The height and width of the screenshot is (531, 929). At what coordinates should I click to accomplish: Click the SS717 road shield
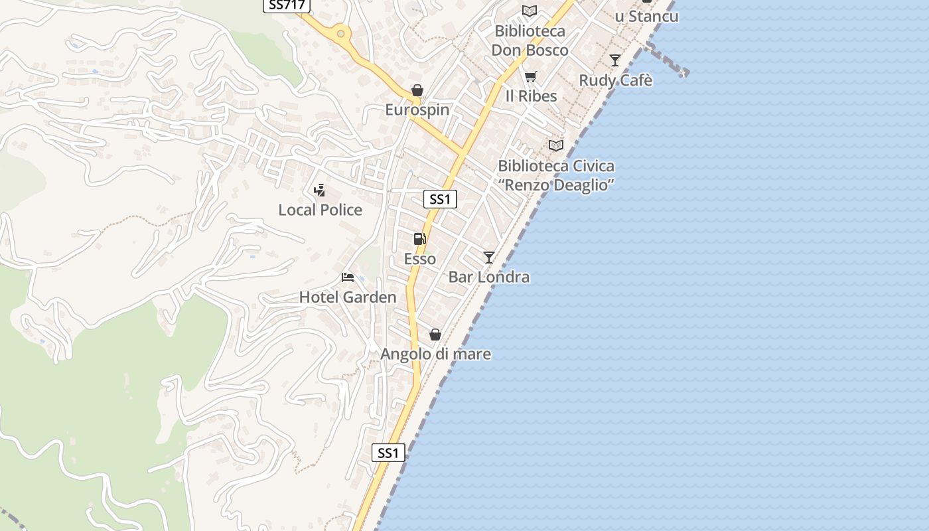click(x=287, y=5)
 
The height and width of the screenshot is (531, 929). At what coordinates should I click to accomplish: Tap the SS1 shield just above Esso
click(x=440, y=199)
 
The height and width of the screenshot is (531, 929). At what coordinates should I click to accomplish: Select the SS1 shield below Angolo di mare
click(x=388, y=453)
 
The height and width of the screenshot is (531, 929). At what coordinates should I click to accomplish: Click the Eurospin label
click(x=417, y=110)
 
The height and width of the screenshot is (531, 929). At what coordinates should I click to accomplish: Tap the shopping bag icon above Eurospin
click(x=417, y=90)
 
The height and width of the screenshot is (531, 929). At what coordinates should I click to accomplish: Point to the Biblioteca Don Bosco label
click(x=530, y=40)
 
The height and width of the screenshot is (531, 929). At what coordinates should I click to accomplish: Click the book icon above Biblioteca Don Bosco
click(x=529, y=11)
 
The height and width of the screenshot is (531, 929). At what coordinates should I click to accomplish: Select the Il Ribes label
click(x=531, y=96)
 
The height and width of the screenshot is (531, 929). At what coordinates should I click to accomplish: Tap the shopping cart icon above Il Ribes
click(x=530, y=77)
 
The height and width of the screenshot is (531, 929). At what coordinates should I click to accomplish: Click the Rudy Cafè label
click(x=616, y=80)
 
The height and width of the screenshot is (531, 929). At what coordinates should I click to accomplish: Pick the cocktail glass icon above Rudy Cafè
click(x=615, y=60)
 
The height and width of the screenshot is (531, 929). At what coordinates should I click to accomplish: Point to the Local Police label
click(x=320, y=210)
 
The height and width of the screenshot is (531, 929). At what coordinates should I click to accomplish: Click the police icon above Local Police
click(x=319, y=191)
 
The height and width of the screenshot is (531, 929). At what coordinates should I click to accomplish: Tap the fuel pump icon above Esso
click(x=419, y=239)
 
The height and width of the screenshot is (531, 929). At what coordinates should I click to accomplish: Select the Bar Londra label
click(x=489, y=277)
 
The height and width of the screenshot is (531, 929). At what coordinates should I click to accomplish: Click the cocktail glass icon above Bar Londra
click(x=489, y=257)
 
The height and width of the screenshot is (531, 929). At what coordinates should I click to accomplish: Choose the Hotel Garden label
click(x=348, y=297)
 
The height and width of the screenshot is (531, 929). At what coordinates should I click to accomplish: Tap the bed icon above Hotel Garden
click(x=348, y=277)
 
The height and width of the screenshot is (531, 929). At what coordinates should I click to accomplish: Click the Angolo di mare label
click(x=435, y=354)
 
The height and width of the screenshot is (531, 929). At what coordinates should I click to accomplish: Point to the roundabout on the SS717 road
click(x=340, y=33)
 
